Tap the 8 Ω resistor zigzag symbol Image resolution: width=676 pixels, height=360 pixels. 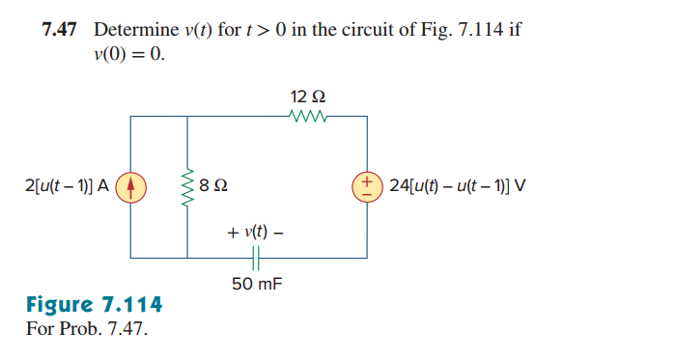pyautogui.click(x=187, y=185)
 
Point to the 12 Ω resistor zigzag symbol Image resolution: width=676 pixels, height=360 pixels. pyautogui.click(x=308, y=117)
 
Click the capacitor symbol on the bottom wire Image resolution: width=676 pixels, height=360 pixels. pyautogui.click(x=255, y=259)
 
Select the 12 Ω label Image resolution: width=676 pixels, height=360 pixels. pyautogui.click(x=307, y=97)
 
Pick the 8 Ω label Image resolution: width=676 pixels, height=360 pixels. pyautogui.click(x=214, y=185)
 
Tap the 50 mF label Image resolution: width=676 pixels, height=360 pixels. pyautogui.click(x=255, y=283)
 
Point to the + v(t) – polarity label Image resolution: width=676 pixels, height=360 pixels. pyautogui.click(x=255, y=233)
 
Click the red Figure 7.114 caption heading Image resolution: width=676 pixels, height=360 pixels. pyautogui.click(x=94, y=306)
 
